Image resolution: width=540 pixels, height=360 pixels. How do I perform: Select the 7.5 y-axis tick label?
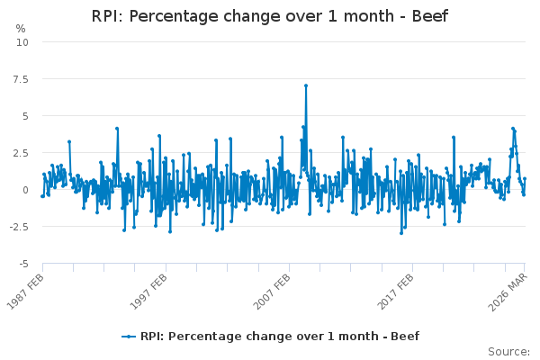[20, 79]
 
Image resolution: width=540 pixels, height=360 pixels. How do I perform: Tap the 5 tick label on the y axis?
[25, 116]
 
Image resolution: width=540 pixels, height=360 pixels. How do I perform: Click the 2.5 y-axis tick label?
[20, 153]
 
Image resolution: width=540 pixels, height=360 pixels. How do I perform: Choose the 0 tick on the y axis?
[25, 190]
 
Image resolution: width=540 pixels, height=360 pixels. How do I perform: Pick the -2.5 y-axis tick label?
[18, 227]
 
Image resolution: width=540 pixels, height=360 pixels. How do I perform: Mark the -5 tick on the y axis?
[23, 264]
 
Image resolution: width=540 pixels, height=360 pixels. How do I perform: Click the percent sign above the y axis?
[21, 29]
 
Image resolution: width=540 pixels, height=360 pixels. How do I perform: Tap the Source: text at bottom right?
[508, 351]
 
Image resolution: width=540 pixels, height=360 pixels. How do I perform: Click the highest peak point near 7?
[306, 85]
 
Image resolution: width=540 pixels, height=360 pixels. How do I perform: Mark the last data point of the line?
[525, 179]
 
